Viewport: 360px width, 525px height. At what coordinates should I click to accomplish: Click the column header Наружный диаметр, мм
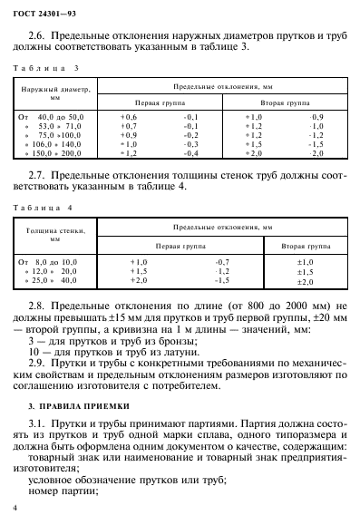[x=54, y=94]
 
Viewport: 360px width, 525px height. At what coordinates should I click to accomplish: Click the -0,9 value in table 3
[x=316, y=118]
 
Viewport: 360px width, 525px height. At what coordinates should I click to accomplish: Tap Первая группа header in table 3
[x=159, y=103]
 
